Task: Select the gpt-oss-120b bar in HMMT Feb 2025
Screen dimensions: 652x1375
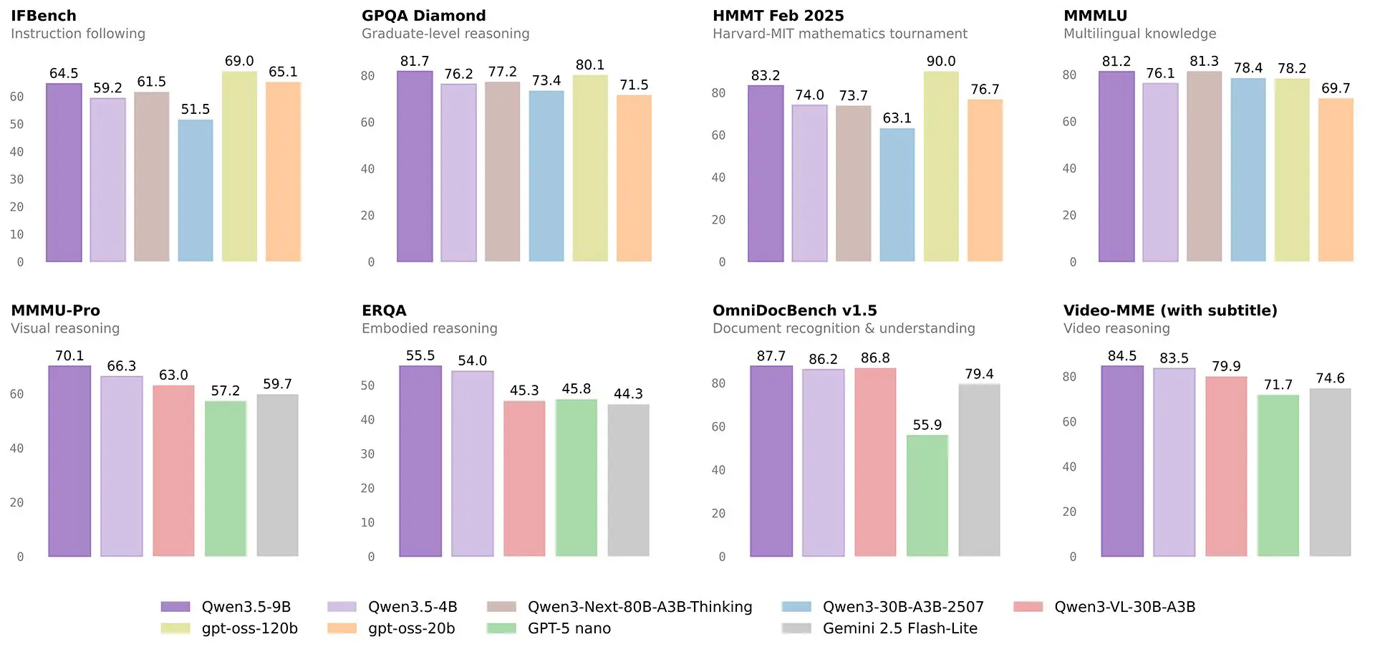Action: pos(941,166)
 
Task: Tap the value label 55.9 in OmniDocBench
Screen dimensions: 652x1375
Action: pos(927,425)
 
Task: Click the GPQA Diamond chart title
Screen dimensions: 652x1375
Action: pos(423,16)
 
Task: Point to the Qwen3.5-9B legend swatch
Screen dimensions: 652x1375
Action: pos(175,607)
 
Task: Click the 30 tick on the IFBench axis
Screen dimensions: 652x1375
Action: pos(16,179)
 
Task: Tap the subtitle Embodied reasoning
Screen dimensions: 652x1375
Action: pos(429,328)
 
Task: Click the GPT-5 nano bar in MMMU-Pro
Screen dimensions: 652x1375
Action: pos(226,478)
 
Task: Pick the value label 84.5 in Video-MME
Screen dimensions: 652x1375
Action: pos(1121,356)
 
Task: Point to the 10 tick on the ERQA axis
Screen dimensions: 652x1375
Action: pos(367,522)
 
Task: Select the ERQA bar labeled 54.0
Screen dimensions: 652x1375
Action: pos(473,463)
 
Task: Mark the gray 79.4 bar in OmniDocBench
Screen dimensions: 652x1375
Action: pos(979,470)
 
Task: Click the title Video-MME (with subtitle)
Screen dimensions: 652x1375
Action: pos(1170,310)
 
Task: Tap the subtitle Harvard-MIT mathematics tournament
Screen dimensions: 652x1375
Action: pos(839,34)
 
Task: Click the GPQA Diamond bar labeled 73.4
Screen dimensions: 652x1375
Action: pos(546,176)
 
